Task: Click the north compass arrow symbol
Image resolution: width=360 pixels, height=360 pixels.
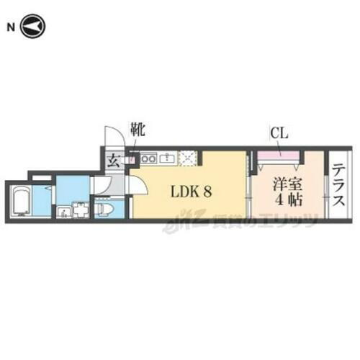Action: point(33,28)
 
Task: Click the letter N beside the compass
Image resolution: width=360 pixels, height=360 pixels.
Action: point(11,28)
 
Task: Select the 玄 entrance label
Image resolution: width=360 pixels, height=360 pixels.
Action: point(114,161)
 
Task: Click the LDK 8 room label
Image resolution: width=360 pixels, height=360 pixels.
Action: point(190,193)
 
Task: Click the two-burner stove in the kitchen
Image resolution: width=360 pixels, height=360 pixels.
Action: point(149,157)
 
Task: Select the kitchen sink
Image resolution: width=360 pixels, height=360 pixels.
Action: point(167,157)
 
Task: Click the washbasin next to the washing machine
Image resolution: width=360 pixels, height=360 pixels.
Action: point(63,212)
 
